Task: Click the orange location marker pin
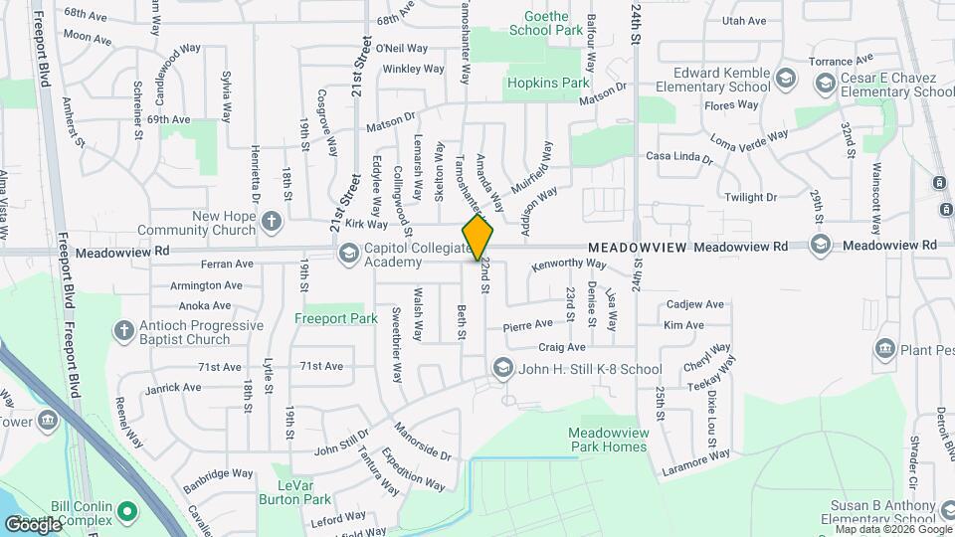pos(478,237)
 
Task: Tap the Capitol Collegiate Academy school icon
pos(348,252)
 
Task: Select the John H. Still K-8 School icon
pos(502,369)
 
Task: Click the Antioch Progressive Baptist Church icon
pos(124,329)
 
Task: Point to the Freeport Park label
pos(336,319)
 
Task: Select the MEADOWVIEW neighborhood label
pos(637,246)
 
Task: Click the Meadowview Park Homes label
pos(608,440)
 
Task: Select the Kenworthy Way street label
pos(568,265)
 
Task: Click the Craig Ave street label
pos(562,347)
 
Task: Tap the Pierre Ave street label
pos(527,324)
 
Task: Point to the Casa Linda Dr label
pos(679,157)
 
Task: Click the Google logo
pos(33,523)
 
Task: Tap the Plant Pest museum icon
pos(884,349)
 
